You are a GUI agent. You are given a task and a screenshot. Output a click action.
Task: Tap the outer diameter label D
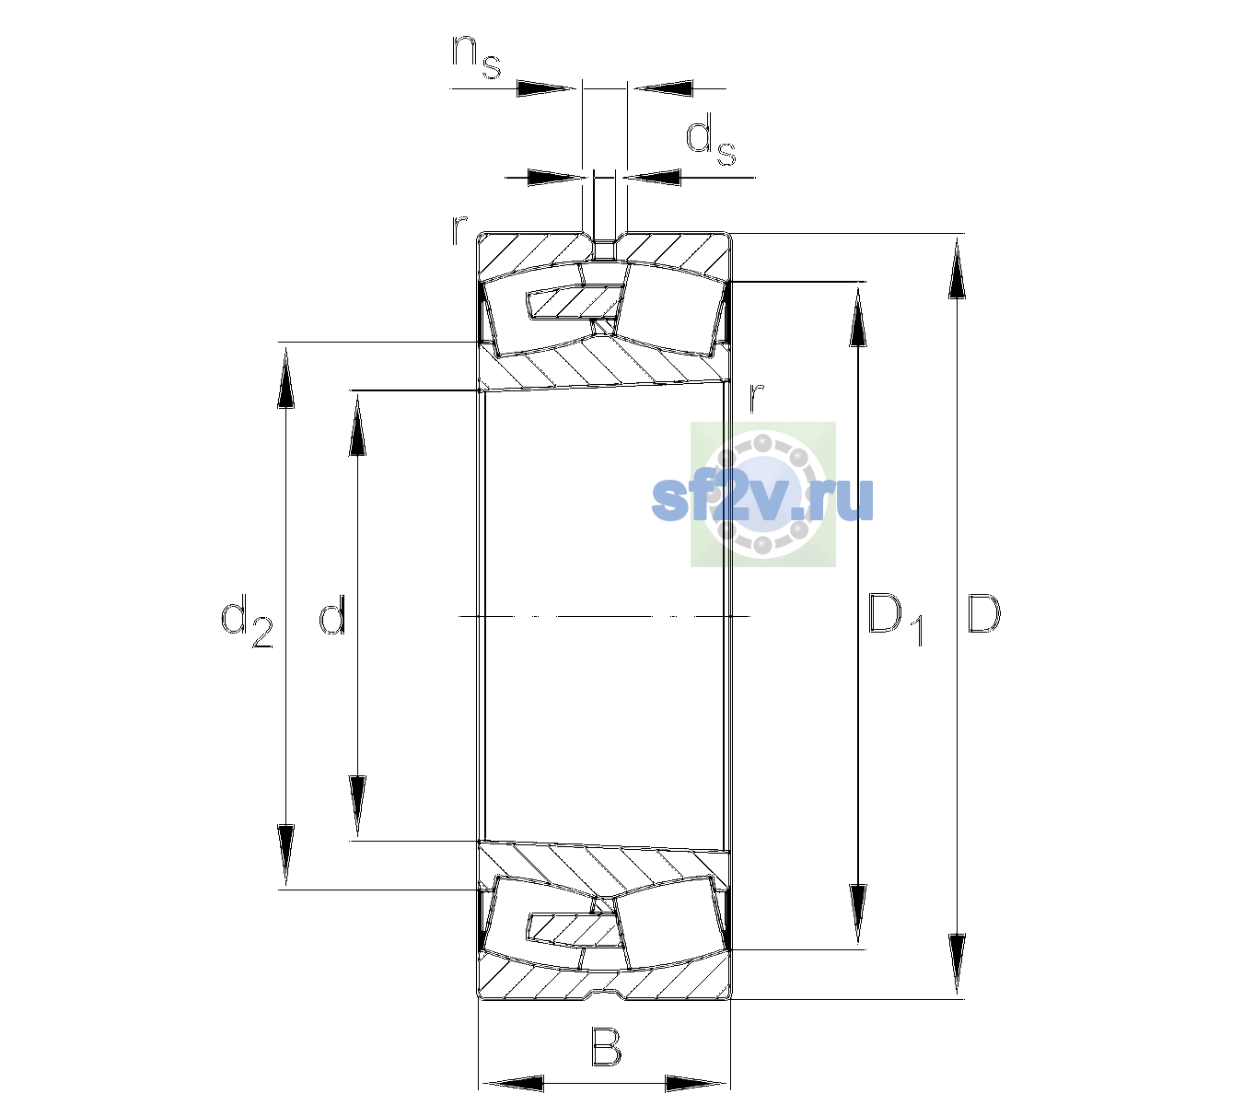click(983, 613)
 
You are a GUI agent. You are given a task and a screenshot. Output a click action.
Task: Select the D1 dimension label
click(896, 619)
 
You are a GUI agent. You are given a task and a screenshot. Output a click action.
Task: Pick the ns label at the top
click(476, 56)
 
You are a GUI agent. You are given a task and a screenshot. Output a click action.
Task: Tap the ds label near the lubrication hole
click(711, 144)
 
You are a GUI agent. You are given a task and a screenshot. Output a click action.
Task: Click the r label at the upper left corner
click(459, 230)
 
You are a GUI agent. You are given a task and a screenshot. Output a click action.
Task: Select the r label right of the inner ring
click(757, 397)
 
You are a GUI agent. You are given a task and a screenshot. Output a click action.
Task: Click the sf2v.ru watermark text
click(762, 499)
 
